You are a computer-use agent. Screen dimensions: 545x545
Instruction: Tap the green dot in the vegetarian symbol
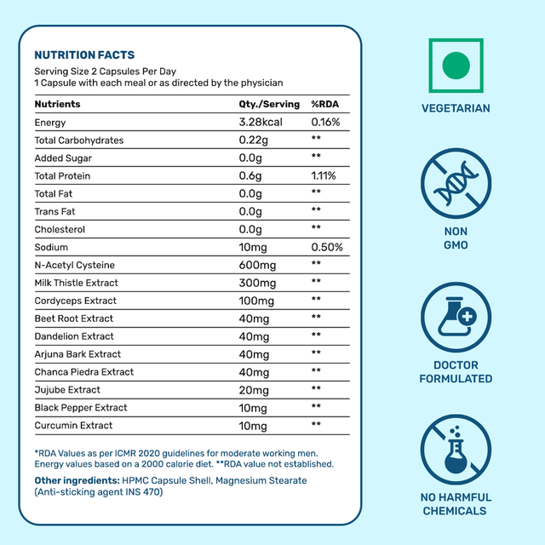(x=456, y=64)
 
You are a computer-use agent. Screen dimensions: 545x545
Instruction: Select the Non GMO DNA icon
(x=456, y=186)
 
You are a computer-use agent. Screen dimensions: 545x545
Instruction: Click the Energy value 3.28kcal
(x=261, y=123)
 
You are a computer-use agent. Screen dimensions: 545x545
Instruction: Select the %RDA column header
(x=325, y=105)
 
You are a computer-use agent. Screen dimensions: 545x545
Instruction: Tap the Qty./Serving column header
(x=270, y=105)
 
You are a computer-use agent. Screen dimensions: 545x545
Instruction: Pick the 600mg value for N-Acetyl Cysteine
(x=257, y=265)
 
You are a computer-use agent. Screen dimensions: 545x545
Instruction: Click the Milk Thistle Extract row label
(x=77, y=283)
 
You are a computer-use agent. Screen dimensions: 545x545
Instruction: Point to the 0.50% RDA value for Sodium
(x=327, y=247)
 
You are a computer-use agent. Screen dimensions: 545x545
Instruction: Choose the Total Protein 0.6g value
(x=252, y=176)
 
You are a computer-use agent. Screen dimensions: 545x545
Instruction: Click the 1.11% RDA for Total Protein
(x=324, y=176)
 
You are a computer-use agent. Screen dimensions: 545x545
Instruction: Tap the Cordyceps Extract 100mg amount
(x=257, y=301)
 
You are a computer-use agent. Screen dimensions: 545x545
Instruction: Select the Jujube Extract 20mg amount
(x=255, y=389)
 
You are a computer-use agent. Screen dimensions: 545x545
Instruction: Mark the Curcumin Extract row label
(x=73, y=425)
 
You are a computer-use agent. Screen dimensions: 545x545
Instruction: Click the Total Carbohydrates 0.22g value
(x=255, y=141)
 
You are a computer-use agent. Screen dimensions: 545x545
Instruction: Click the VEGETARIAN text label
(x=456, y=109)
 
